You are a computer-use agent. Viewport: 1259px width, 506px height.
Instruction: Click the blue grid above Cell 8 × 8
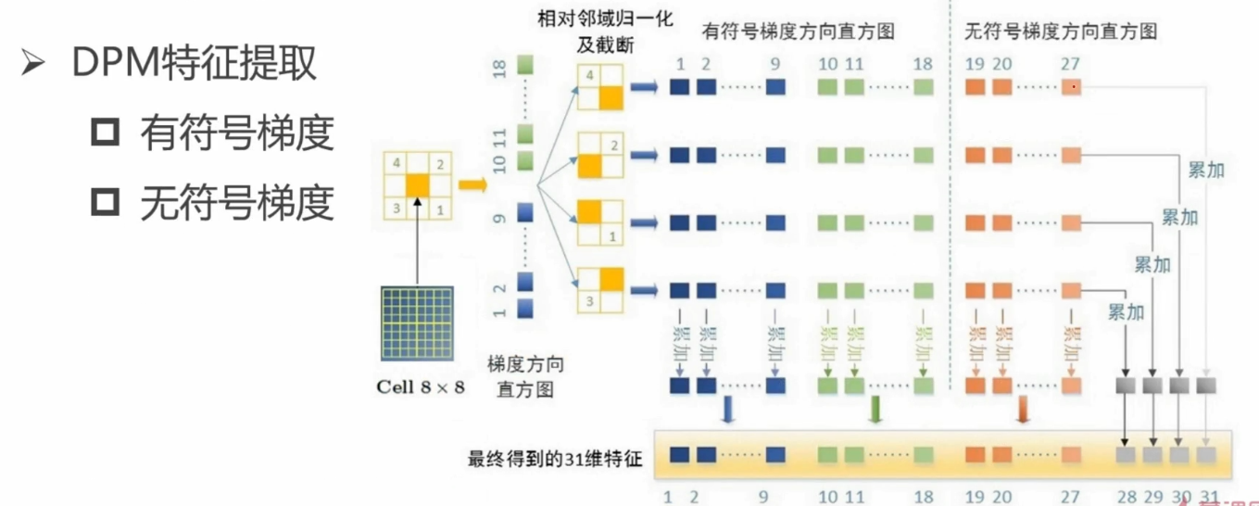[x=418, y=323]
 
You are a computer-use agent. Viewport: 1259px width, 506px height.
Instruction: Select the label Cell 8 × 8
[x=421, y=387]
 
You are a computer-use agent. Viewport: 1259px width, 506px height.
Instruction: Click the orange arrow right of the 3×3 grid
[x=472, y=186]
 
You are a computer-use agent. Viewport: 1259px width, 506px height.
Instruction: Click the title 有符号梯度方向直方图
[x=799, y=32]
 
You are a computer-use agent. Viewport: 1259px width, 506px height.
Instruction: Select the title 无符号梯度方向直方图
[x=1061, y=32]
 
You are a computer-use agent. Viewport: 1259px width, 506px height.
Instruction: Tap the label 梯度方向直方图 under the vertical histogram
[x=525, y=375]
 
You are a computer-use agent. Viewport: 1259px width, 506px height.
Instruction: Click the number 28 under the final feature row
[x=1126, y=497]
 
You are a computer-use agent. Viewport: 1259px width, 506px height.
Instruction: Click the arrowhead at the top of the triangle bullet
[x=33, y=64]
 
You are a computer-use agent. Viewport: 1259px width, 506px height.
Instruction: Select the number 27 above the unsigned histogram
[x=1071, y=66]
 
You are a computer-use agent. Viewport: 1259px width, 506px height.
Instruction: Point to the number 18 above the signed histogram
[x=922, y=66]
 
